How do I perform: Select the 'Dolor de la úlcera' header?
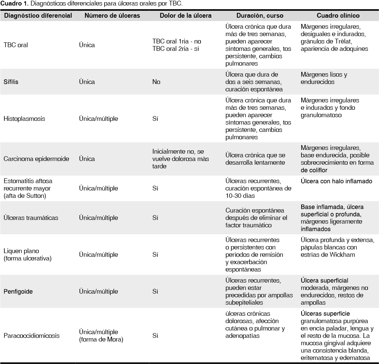pos(185,16)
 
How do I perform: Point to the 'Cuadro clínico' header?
pos(338,16)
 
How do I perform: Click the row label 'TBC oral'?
pos(15,45)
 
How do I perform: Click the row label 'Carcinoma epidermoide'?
pos(36,159)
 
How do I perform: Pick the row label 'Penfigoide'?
pos(18,291)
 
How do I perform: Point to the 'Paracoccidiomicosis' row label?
pos(31,336)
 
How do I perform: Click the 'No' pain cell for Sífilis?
pos(156,82)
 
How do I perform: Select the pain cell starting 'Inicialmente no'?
pos(180,159)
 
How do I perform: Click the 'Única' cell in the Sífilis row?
pos(87,82)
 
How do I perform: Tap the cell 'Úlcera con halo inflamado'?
pos(336,181)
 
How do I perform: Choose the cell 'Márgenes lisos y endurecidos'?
pos(324,78)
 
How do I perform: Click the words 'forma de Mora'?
pos(101,339)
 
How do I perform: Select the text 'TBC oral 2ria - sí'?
pos(175,49)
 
